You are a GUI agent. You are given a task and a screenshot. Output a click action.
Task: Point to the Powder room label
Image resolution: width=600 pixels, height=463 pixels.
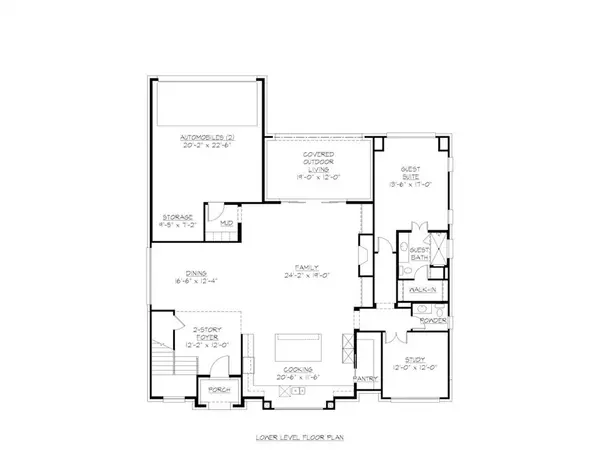pyautogui.click(x=432, y=321)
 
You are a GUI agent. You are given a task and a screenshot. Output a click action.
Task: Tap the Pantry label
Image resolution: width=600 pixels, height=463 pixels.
pyautogui.click(x=365, y=378)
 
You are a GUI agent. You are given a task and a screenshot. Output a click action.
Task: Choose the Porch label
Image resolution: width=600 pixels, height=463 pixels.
pyautogui.click(x=214, y=389)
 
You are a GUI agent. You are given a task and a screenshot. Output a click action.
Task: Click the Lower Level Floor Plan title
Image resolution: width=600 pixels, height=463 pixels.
pyautogui.click(x=300, y=438)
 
